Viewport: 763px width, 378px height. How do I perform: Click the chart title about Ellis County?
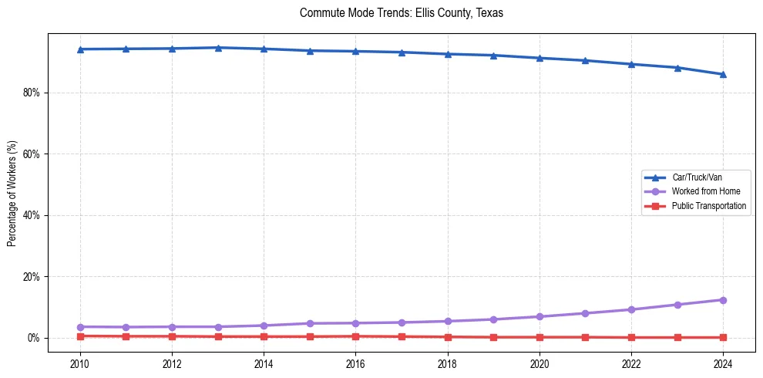tap(401, 13)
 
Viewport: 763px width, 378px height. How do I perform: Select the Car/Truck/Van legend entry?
tap(697, 177)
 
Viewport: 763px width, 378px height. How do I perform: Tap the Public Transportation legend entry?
tap(708, 206)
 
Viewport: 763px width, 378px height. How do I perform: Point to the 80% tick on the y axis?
tap(32, 93)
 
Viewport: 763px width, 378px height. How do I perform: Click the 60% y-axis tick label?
tap(32, 154)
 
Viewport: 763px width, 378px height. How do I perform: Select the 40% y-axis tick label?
tap(32, 215)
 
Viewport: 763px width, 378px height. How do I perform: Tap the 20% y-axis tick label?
tap(32, 277)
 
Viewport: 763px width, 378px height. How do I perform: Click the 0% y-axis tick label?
tap(34, 338)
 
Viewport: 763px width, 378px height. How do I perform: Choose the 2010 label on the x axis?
tap(79, 363)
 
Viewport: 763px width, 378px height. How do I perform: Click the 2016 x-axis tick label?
tap(355, 363)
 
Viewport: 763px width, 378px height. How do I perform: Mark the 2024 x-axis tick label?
tap(723, 363)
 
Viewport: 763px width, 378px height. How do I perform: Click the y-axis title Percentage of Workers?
tap(12, 194)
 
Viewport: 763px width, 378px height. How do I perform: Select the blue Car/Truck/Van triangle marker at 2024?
tap(723, 74)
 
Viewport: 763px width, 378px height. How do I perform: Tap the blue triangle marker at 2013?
tap(218, 48)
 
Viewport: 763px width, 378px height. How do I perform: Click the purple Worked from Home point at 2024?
tap(723, 300)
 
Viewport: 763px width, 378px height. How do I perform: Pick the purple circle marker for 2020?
tap(539, 317)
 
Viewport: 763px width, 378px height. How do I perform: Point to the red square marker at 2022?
tap(631, 337)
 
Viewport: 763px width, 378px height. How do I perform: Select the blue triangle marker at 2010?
tap(79, 49)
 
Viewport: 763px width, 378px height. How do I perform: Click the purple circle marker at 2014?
tap(264, 326)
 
